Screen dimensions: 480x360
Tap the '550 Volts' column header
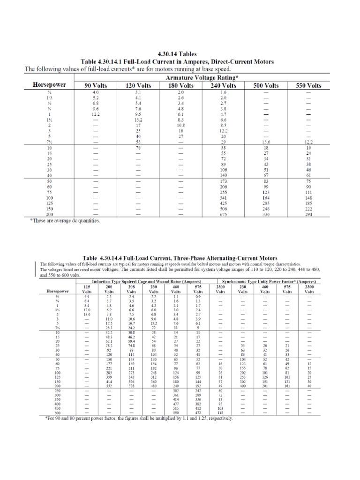click(308, 85)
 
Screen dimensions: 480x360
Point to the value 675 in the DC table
click(224, 215)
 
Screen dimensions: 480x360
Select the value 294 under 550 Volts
click(308, 215)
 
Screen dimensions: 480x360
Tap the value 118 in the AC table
click(220, 412)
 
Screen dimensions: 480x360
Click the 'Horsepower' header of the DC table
click(49, 85)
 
